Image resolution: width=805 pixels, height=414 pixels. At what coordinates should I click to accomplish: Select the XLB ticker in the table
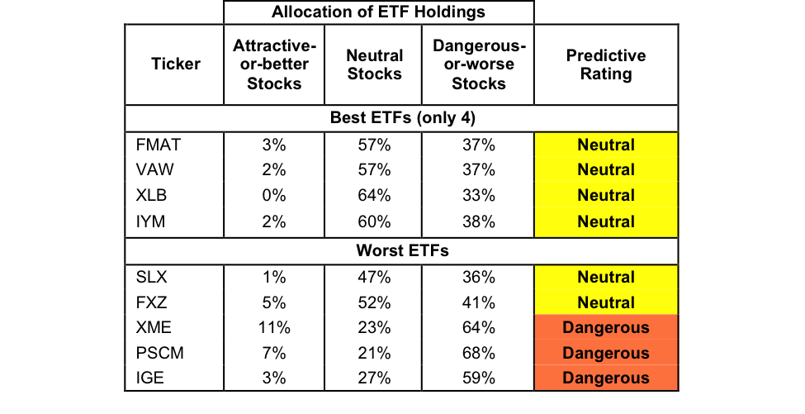tap(152, 197)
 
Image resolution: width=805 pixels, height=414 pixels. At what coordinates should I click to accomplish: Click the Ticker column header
tap(176, 64)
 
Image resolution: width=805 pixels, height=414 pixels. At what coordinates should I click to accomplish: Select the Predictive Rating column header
tap(606, 64)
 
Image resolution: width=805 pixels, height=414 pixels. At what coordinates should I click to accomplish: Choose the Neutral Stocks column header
tap(374, 64)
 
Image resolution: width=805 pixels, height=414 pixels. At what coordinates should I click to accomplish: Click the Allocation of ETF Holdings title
tap(379, 12)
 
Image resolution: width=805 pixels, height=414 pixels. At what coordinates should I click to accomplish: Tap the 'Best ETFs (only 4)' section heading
tap(401, 118)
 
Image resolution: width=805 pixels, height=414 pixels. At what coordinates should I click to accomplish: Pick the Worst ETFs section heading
tap(401, 250)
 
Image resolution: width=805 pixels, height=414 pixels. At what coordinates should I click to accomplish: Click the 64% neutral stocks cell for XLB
tap(374, 197)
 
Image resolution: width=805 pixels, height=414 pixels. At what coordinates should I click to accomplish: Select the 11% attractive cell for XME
tap(272, 328)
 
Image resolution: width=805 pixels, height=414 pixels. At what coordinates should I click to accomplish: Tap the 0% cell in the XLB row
tap(272, 197)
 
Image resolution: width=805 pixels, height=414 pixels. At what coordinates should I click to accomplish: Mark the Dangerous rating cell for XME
tap(606, 328)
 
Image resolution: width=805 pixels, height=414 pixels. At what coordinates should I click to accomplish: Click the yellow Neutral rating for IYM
tap(606, 222)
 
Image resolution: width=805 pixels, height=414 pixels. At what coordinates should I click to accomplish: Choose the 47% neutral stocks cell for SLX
tap(374, 277)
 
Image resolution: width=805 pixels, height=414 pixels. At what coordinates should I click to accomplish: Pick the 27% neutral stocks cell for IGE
tap(374, 379)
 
